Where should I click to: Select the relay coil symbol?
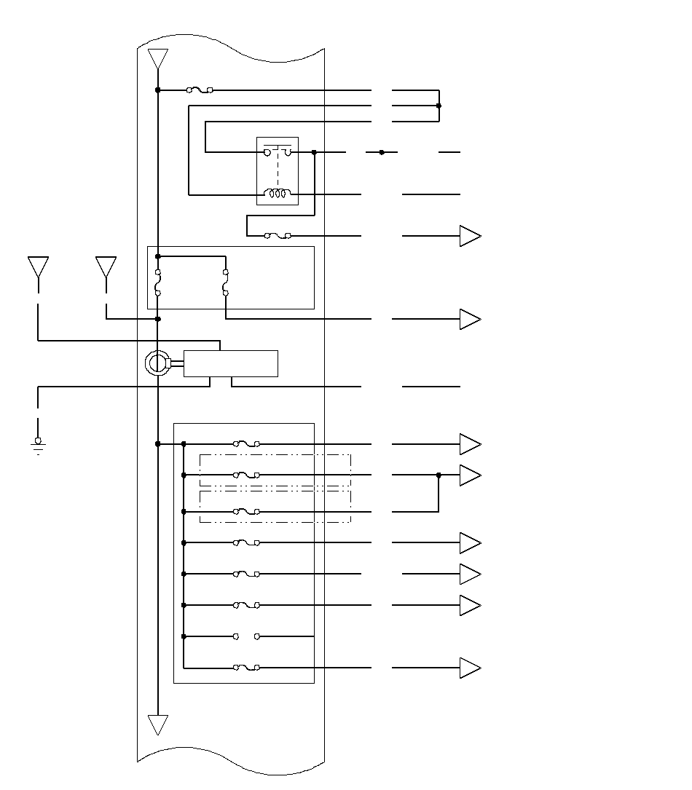pos(277,194)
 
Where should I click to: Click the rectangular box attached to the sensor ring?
pos(230,363)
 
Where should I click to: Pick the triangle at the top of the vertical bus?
pos(158,58)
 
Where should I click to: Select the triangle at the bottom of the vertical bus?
pos(158,724)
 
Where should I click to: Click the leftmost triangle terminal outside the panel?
pos(38,266)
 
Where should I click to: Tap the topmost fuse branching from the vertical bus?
pos(200,90)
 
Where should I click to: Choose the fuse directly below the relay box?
pos(278,236)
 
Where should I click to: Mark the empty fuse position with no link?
pos(246,636)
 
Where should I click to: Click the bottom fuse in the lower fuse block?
pos(246,667)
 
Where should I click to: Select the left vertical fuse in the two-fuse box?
pos(158,283)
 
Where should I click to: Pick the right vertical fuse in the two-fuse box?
pos(226,283)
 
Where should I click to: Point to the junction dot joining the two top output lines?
pos(439,106)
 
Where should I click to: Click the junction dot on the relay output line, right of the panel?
pos(382,152)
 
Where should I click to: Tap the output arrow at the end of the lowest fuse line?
pos(470,668)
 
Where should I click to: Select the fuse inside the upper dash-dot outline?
pos(246,475)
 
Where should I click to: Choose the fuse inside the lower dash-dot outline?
pos(246,512)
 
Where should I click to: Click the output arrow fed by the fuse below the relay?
pos(470,237)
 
